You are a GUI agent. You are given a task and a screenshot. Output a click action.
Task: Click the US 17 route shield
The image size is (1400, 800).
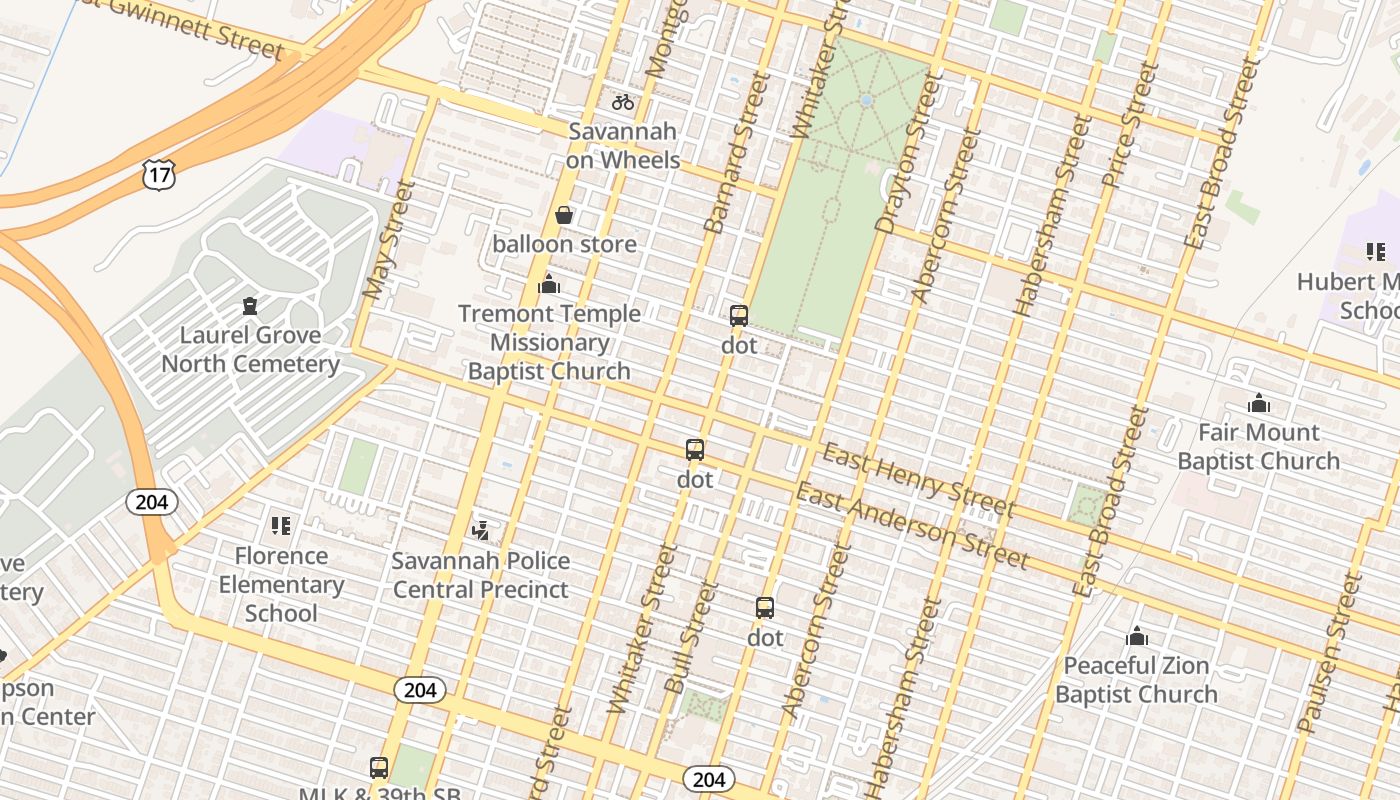coord(159,175)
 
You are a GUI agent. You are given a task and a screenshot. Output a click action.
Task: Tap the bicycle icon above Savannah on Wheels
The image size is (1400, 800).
coord(623,102)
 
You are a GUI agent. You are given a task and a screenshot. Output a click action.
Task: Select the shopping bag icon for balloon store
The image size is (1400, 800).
coord(564,215)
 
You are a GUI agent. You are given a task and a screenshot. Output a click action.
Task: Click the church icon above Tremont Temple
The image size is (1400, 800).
coord(548,285)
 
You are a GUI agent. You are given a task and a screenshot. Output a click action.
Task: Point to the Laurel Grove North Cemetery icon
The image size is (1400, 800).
coord(250,306)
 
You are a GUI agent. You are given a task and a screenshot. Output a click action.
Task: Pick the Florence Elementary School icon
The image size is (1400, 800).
coord(281,526)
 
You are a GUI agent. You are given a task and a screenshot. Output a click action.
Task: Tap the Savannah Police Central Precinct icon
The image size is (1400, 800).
coord(480,530)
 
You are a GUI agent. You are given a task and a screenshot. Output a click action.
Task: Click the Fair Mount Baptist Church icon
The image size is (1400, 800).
coord(1259,403)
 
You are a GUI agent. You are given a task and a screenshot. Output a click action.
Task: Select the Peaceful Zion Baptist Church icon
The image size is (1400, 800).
coord(1136,636)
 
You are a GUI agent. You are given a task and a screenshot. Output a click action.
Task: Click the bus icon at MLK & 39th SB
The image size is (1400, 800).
coord(379,767)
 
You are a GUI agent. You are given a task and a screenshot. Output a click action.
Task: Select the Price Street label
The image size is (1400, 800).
coord(1130,125)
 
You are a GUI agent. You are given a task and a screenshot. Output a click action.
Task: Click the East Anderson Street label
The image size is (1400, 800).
coord(911,526)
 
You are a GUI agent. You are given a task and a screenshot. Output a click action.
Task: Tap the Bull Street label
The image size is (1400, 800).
coord(691,637)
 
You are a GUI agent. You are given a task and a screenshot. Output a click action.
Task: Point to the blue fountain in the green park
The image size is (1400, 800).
coord(866,101)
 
